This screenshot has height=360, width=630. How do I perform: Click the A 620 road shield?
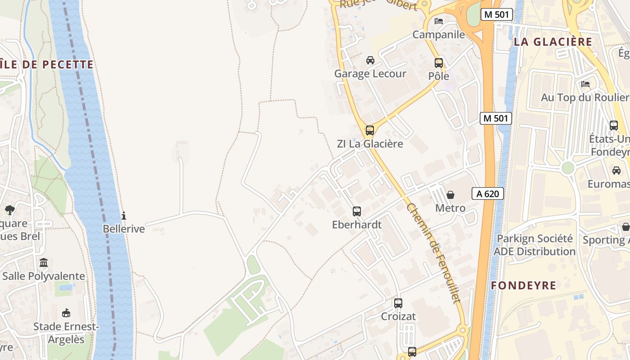pos(487,194)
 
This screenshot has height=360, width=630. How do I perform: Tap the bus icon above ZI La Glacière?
pos(370,130)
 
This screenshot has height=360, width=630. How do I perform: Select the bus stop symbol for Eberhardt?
pos(357,211)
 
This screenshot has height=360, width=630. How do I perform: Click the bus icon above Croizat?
pos(398,303)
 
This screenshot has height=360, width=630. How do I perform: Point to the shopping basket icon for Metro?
pos(450,195)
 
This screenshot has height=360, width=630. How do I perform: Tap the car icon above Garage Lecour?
pos(370,60)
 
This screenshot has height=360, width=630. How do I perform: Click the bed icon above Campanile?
pos(439,21)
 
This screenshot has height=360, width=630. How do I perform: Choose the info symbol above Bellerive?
pos(124,216)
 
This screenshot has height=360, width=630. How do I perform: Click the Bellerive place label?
pos(124,229)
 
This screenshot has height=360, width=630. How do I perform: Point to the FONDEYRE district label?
pos(523,286)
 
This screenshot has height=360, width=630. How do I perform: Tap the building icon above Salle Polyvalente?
pos(44,262)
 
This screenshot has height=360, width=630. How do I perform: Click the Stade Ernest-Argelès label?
pos(66,333)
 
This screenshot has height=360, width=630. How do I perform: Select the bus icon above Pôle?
pos(439,63)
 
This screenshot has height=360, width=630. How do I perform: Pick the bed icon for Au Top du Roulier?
pos(585,84)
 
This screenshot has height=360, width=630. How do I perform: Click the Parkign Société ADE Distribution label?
pos(535,245)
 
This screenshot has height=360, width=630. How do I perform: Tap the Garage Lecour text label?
pos(370,74)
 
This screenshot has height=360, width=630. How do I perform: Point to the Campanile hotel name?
pos(438,35)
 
